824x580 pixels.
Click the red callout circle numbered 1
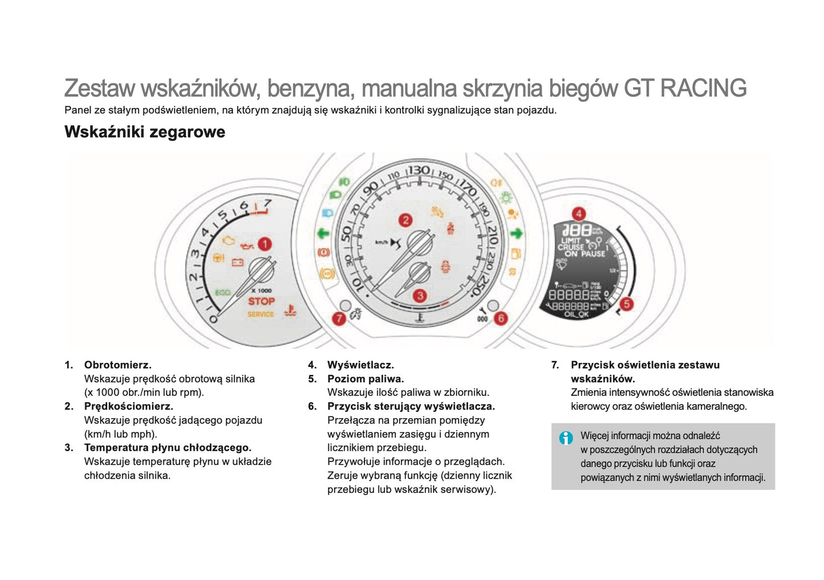(265, 244)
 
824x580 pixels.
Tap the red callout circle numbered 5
(626, 304)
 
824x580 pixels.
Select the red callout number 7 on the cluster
(339, 318)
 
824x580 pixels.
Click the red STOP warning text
(261, 301)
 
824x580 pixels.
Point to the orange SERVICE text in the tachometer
(261, 314)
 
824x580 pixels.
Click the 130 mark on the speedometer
(418, 170)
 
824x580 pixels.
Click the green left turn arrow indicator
(323, 233)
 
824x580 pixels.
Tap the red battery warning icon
(237, 262)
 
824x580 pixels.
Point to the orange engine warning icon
(228, 241)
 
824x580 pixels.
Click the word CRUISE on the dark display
(570, 247)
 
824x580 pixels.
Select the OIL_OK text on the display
(576, 314)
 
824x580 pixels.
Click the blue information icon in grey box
(566, 438)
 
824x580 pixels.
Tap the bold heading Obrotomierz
(117, 365)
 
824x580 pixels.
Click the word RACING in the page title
(703, 89)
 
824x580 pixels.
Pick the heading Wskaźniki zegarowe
(145, 132)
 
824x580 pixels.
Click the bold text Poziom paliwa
(366, 379)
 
